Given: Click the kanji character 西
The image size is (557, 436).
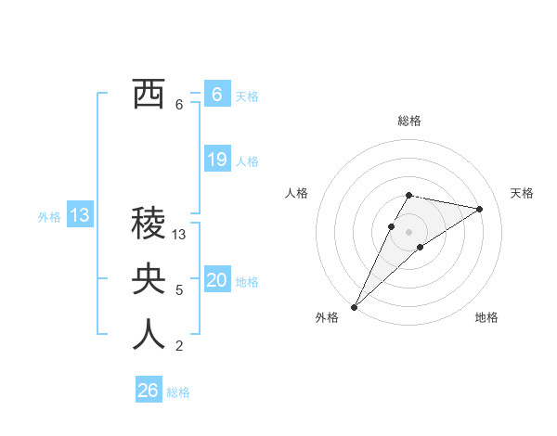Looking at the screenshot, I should (149, 94).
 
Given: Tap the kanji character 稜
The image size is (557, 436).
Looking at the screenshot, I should (149, 223).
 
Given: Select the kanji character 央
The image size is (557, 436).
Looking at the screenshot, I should (149, 279).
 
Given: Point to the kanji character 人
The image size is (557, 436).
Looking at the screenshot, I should (149, 335).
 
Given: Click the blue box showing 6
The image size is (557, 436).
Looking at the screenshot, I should (216, 94).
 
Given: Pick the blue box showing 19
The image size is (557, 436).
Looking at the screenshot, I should (217, 160).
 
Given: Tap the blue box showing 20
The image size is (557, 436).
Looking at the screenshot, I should (217, 280).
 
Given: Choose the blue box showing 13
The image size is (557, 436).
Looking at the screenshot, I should (80, 216).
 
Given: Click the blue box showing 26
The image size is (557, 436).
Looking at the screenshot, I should (149, 391).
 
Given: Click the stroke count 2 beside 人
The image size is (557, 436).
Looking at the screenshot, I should (179, 347).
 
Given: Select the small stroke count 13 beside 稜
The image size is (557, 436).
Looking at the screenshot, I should (180, 236).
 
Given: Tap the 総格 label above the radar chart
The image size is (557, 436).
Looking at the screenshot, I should (409, 121).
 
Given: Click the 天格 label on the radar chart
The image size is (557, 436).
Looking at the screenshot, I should (523, 193).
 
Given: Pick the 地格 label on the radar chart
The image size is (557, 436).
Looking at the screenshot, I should (486, 318).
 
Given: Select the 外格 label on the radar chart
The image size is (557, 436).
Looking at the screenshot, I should (327, 318).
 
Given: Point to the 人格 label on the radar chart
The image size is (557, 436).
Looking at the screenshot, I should (296, 193).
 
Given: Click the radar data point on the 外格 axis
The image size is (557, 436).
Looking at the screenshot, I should (354, 306).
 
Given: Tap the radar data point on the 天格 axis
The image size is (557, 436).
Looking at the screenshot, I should (479, 209).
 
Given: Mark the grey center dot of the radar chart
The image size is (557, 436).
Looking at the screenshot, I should (409, 232).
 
